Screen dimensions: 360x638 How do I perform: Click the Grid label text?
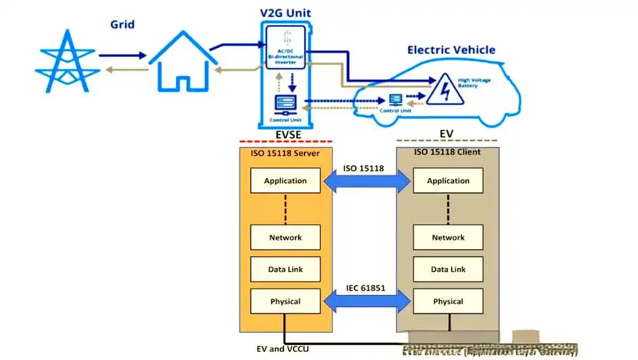(122, 25)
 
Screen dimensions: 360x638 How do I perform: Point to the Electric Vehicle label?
(451, 50)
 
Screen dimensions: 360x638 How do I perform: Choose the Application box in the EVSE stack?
(285, 181)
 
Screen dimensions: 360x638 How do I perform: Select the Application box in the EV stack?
(448, 181)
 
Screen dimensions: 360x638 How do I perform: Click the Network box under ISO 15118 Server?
(285, 238)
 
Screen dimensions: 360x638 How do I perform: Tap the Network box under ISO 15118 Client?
(448, 238)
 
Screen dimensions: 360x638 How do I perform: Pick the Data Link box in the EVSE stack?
(285, 269)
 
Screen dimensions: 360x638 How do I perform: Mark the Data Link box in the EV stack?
(448, 269)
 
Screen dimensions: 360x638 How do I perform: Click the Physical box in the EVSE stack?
(285, 301)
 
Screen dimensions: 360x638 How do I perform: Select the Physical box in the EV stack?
(448, 301)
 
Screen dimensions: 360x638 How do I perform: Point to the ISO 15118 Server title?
(285, 152)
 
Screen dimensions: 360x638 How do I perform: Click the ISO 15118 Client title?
(447, 152)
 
